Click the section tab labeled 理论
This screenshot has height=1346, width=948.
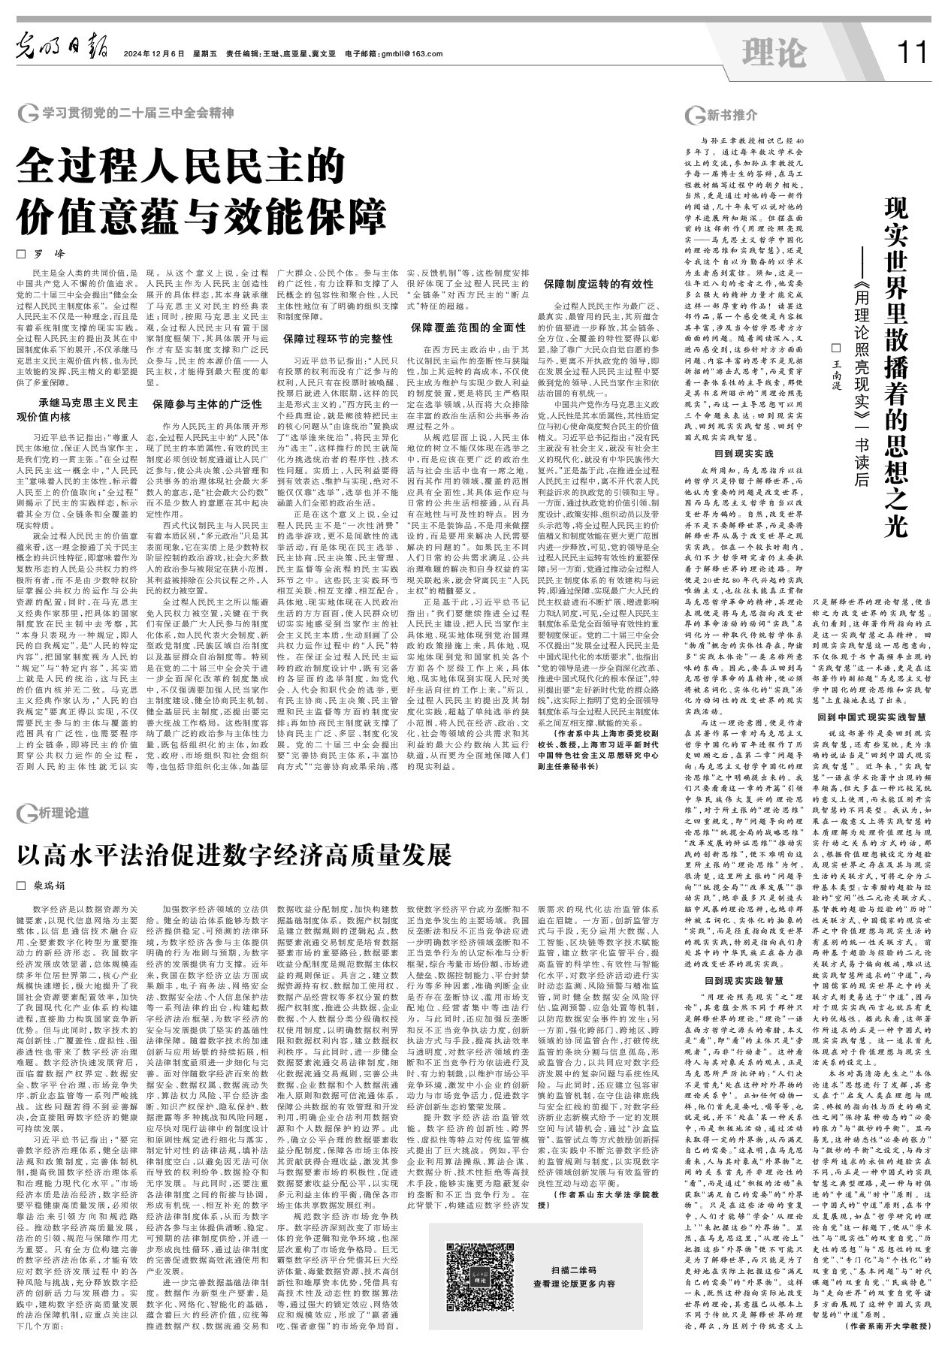774,53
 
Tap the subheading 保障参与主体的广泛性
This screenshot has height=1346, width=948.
207,404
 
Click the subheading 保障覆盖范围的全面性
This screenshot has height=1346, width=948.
467,327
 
